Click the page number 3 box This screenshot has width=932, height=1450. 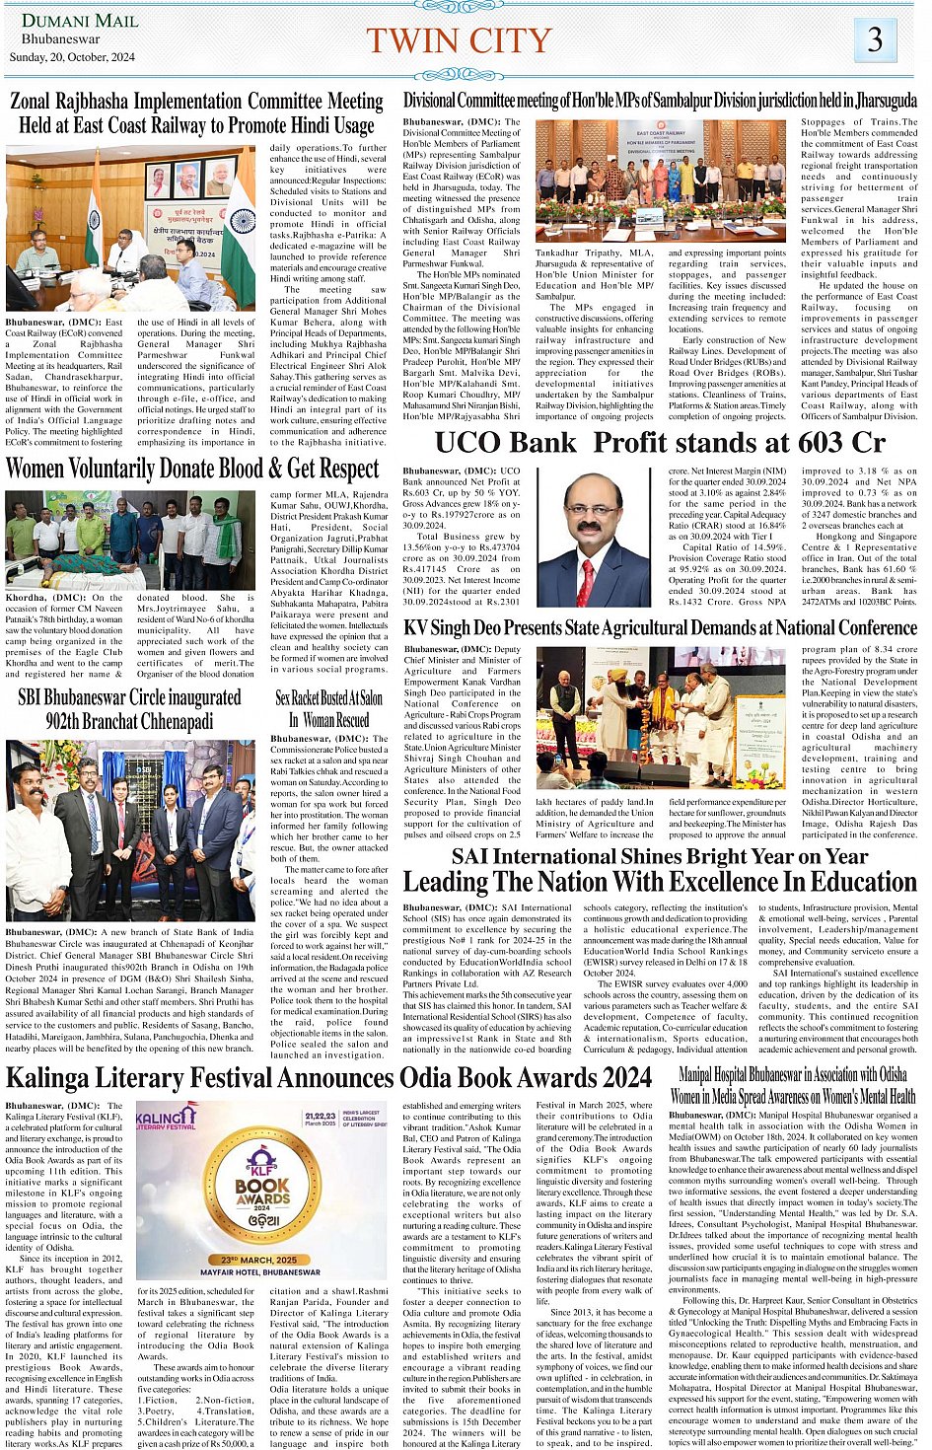[x=875, y=39]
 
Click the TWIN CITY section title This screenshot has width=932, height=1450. [x=459, y=40]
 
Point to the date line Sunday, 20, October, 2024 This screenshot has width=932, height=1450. [x=72, y=57]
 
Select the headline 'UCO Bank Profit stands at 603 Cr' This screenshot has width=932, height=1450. [x=660, y=443]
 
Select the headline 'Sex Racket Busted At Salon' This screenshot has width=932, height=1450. [x=328, y=698]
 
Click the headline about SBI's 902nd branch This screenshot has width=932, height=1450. [x=129, y=708]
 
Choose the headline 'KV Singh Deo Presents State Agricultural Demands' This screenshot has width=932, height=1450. [x=660, y=628]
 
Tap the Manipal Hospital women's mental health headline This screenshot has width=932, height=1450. [x=793, y=1085]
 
